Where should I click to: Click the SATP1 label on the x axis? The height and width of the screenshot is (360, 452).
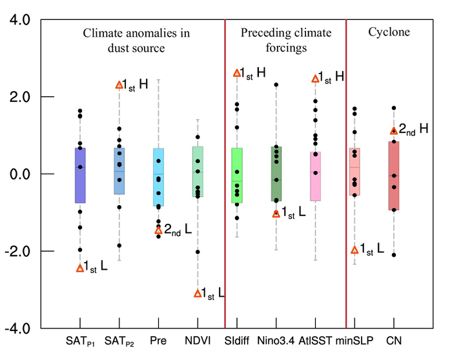(80, 340)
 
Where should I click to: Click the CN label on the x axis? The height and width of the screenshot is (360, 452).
(394, 339)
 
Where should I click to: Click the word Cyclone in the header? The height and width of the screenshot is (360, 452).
(390, 32)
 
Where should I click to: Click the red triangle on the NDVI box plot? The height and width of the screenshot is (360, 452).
(198, 294)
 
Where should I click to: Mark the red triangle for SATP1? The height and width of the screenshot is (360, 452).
(80, 268)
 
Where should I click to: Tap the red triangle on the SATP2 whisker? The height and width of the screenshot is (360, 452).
(119, 85)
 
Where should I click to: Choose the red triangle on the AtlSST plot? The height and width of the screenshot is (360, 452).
(316, 79)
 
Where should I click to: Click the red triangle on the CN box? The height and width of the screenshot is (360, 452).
(394, 131)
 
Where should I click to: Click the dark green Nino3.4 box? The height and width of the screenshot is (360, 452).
(276, 174)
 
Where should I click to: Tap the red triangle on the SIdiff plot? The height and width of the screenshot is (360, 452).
(237, 73)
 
